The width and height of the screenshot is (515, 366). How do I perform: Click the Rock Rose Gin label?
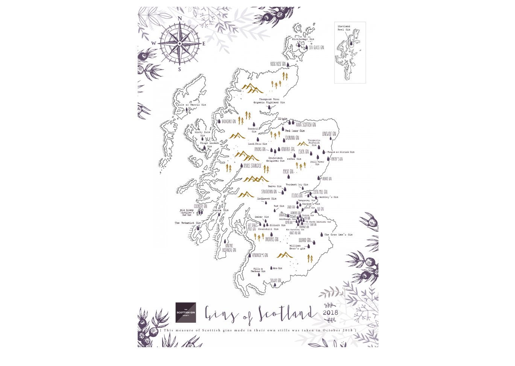click(x=278, y=64)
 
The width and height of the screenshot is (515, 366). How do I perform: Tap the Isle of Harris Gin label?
click(x=192, y=105)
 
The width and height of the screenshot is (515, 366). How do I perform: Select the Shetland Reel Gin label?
click(x=344, y=28)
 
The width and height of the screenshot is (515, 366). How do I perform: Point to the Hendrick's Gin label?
click(x=260, y=255)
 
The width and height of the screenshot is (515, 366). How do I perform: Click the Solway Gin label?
click(x=275, y=280)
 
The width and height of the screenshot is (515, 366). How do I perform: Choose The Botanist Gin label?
click(x=187, y=223)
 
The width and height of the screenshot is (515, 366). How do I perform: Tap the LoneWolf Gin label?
click(x=329, y=134)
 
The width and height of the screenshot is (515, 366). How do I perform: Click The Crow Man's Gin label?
click(x=338, y=235)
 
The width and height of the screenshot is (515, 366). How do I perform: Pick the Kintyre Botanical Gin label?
click(x=229, y=248)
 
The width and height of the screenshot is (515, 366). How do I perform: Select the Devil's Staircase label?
click(x=252, y=166)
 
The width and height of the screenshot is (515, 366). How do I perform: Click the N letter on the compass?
click(x=179, y=18)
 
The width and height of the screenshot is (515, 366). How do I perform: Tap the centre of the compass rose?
click(x=180, y=44)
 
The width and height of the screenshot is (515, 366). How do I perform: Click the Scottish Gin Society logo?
click(x=185, y=313)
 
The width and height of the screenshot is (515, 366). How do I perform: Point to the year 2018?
click(x=330, y=312)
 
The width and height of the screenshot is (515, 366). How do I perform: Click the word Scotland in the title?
click(x=286, y=313)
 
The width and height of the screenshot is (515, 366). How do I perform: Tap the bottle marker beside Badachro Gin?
click(x=219, y=121)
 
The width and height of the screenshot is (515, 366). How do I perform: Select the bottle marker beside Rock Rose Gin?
click(x=288, y=65)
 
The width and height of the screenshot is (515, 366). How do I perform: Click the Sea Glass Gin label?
click(x=316, y=48)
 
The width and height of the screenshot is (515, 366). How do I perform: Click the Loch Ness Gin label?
click(x=257, y=144)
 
